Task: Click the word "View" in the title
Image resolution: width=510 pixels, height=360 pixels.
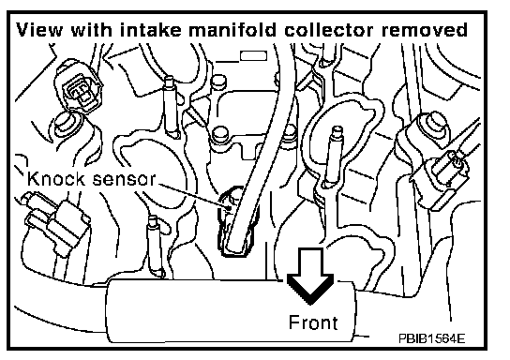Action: pos(39,30)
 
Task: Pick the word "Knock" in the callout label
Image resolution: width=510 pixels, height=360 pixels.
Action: pos(57,178)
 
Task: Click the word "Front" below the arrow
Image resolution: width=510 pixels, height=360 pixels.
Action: pos(313,322)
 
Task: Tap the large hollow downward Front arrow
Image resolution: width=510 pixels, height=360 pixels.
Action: pos(310,275)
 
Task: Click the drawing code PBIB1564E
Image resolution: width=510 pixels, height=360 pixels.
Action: pos(431,338)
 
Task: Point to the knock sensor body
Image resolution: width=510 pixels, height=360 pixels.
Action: pos(237,221)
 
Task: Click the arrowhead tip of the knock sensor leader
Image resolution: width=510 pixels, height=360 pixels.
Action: pos(232,207)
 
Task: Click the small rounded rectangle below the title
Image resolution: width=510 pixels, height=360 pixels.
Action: pos(253,56)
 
